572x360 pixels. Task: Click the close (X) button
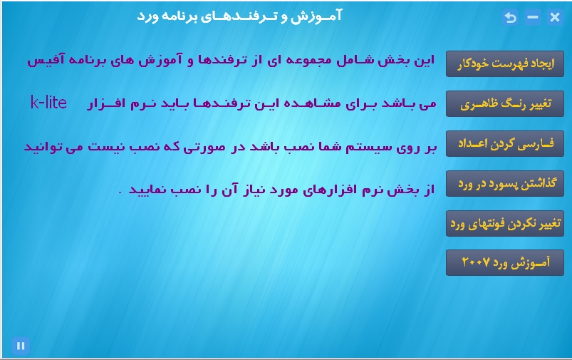click(x=554, y=17)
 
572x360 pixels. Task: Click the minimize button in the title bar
click(x=533, y=17)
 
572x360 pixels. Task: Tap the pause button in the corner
click(x=21, y=346)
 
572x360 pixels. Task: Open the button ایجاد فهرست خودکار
click(x=505, y=63)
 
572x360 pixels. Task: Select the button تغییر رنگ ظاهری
click(x=505, y=103)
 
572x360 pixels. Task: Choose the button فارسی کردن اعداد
click(x=505, y=143)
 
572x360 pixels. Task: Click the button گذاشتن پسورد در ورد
click(x=505, y=183)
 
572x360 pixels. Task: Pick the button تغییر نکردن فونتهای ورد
click(x=505, y=223)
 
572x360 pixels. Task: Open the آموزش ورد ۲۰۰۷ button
click(x=505, y=262)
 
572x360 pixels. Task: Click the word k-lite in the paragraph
click(x=48, y=103)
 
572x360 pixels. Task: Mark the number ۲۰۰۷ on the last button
click(x=475, y=262)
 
